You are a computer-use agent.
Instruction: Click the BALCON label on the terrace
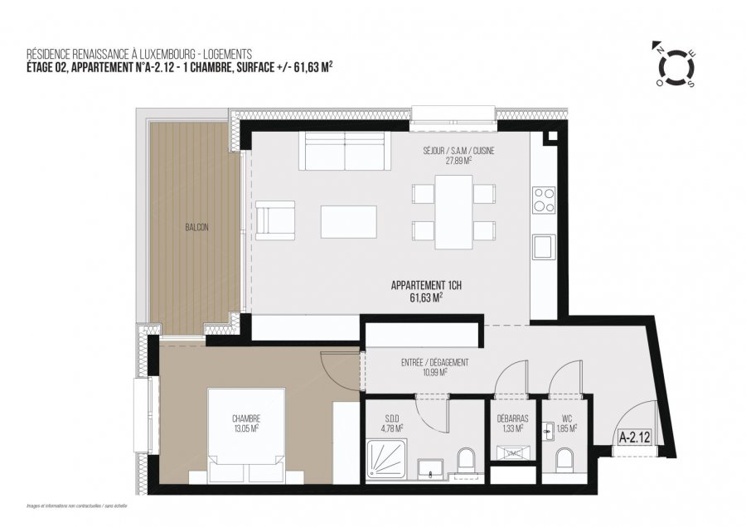pyautogui.click(x=196, y=227)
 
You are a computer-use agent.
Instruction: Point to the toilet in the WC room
pyautogui.click(x=565, y=461)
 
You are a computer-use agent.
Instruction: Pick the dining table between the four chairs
pyautogui.click(x=453, y=212)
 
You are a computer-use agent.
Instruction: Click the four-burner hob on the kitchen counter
pyautogui.click(x=544, y=200)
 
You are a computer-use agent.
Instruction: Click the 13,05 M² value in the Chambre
pyautogui.click(x=246, y=428)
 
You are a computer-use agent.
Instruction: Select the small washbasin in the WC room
pyautogui.click(x=549, y=431)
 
